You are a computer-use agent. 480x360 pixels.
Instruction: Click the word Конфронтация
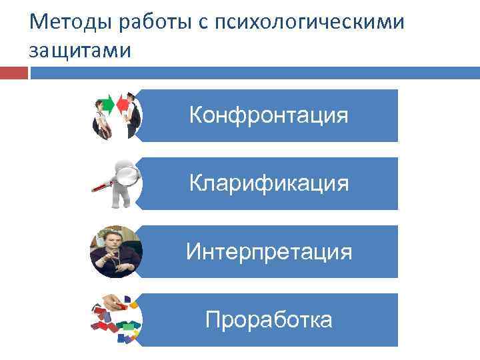click(x=269, y=115)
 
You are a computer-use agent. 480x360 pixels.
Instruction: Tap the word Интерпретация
click(x=269, y=251)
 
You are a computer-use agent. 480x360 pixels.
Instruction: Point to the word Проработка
click(x=269, y=320)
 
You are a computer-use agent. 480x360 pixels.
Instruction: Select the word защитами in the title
click(x=81, y=50)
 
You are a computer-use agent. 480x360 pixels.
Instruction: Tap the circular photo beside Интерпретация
click(x=115, y=251)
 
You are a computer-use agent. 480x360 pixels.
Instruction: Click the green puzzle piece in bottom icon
click(x=128, y=328)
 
